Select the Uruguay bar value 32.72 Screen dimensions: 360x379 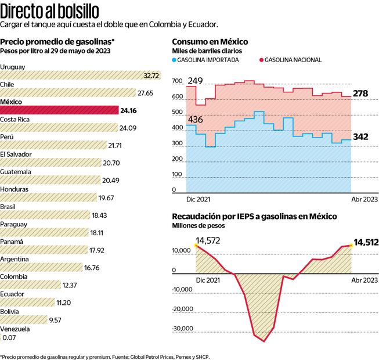click(x=151, y=75)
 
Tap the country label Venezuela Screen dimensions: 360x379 click(x=15, y=329)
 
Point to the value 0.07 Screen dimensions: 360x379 click(x=10, y=337)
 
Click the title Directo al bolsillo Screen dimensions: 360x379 click(x=49, y=10)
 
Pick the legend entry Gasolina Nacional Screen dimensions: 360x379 click(x=293, y=60)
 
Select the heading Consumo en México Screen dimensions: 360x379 click(x=210, y=42)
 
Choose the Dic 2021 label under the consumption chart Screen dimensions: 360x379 click(x=198, y=199)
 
